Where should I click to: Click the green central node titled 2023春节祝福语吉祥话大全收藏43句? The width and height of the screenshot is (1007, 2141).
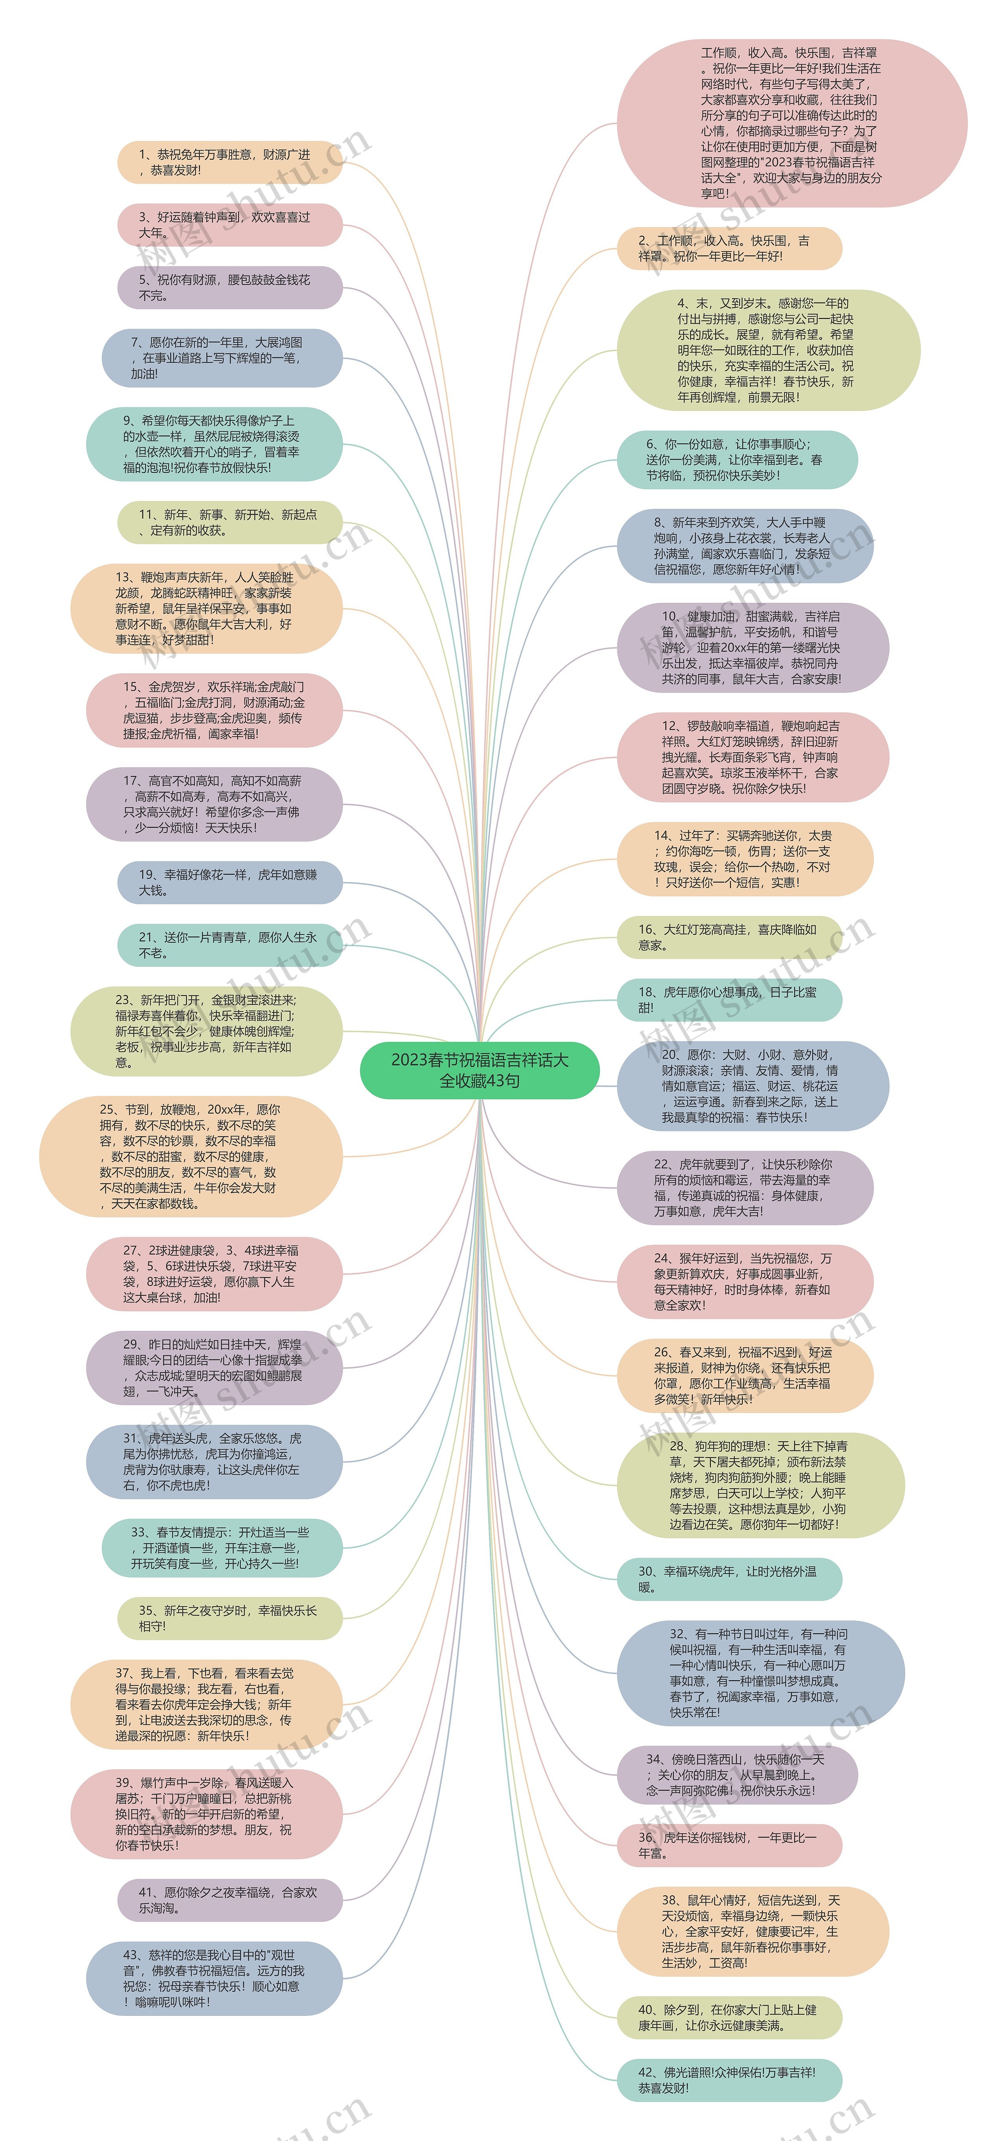[480, 1070]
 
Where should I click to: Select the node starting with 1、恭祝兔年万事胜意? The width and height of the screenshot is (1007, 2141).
[229, 162]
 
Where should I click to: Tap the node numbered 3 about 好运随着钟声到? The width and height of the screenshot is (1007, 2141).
[229, 224]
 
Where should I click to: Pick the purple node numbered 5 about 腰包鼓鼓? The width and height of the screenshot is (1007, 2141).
[229, 288]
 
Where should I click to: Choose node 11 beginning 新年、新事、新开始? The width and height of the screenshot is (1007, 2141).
[229, 522]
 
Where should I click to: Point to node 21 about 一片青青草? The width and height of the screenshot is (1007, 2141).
[229, 945]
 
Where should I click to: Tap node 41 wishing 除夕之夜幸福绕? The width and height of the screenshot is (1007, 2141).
[229, 1900]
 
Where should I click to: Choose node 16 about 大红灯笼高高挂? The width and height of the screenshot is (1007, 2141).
[729, 937]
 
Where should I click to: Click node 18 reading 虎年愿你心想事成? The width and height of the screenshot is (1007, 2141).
[729, 1000]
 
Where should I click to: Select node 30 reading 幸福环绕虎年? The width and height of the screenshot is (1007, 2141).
[729, 1579]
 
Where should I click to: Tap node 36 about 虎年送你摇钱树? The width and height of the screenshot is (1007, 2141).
[729, 1845]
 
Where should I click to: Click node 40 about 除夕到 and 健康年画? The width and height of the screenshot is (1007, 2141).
[729, 2017]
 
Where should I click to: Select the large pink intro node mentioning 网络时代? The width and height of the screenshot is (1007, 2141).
[791, 123]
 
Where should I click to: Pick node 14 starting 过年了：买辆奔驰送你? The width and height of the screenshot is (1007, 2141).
[745, 859]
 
